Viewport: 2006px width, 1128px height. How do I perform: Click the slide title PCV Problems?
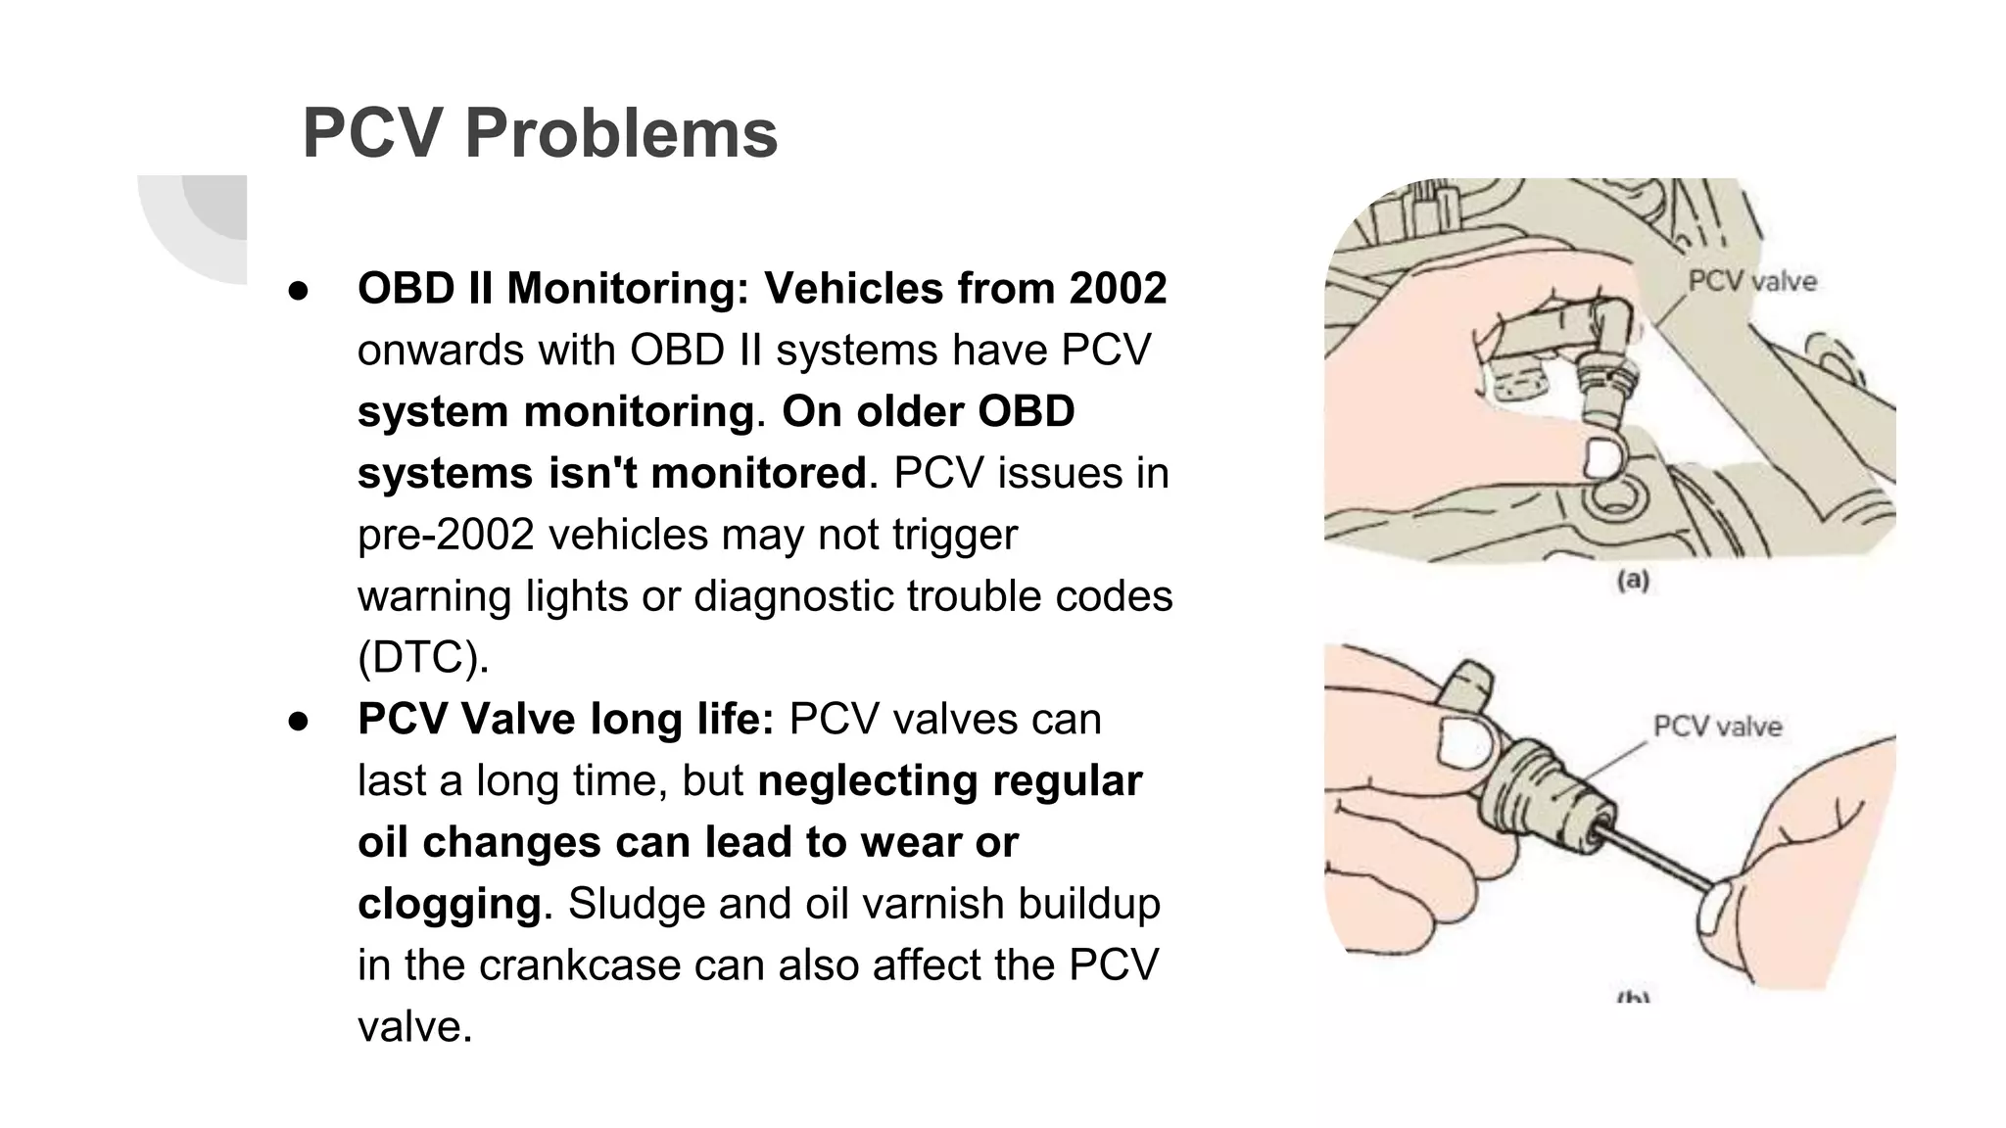540,132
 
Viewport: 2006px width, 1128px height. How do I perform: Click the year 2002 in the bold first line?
1118,288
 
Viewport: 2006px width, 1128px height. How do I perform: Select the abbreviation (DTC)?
423,657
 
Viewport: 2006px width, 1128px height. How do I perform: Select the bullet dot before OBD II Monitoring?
299,290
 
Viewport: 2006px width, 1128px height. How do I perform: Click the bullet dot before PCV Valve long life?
299,721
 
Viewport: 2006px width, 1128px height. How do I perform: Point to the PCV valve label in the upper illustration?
1751,282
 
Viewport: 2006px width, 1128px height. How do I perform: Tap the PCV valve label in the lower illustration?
1717,727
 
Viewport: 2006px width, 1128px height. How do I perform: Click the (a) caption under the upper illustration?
1632,581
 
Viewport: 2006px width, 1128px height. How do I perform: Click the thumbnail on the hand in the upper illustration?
1603,457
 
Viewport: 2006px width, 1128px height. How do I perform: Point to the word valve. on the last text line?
415,1027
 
